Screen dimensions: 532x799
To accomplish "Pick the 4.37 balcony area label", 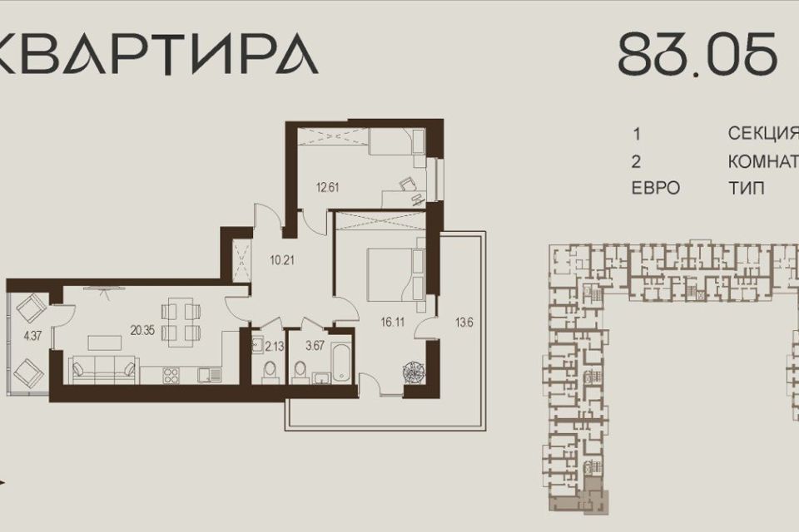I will click(31, 336).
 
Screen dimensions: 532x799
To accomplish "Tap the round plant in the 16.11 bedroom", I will click(413, 372).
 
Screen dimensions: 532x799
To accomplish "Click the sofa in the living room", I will click(105, 367).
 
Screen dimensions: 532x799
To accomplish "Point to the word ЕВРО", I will click(656, 189).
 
